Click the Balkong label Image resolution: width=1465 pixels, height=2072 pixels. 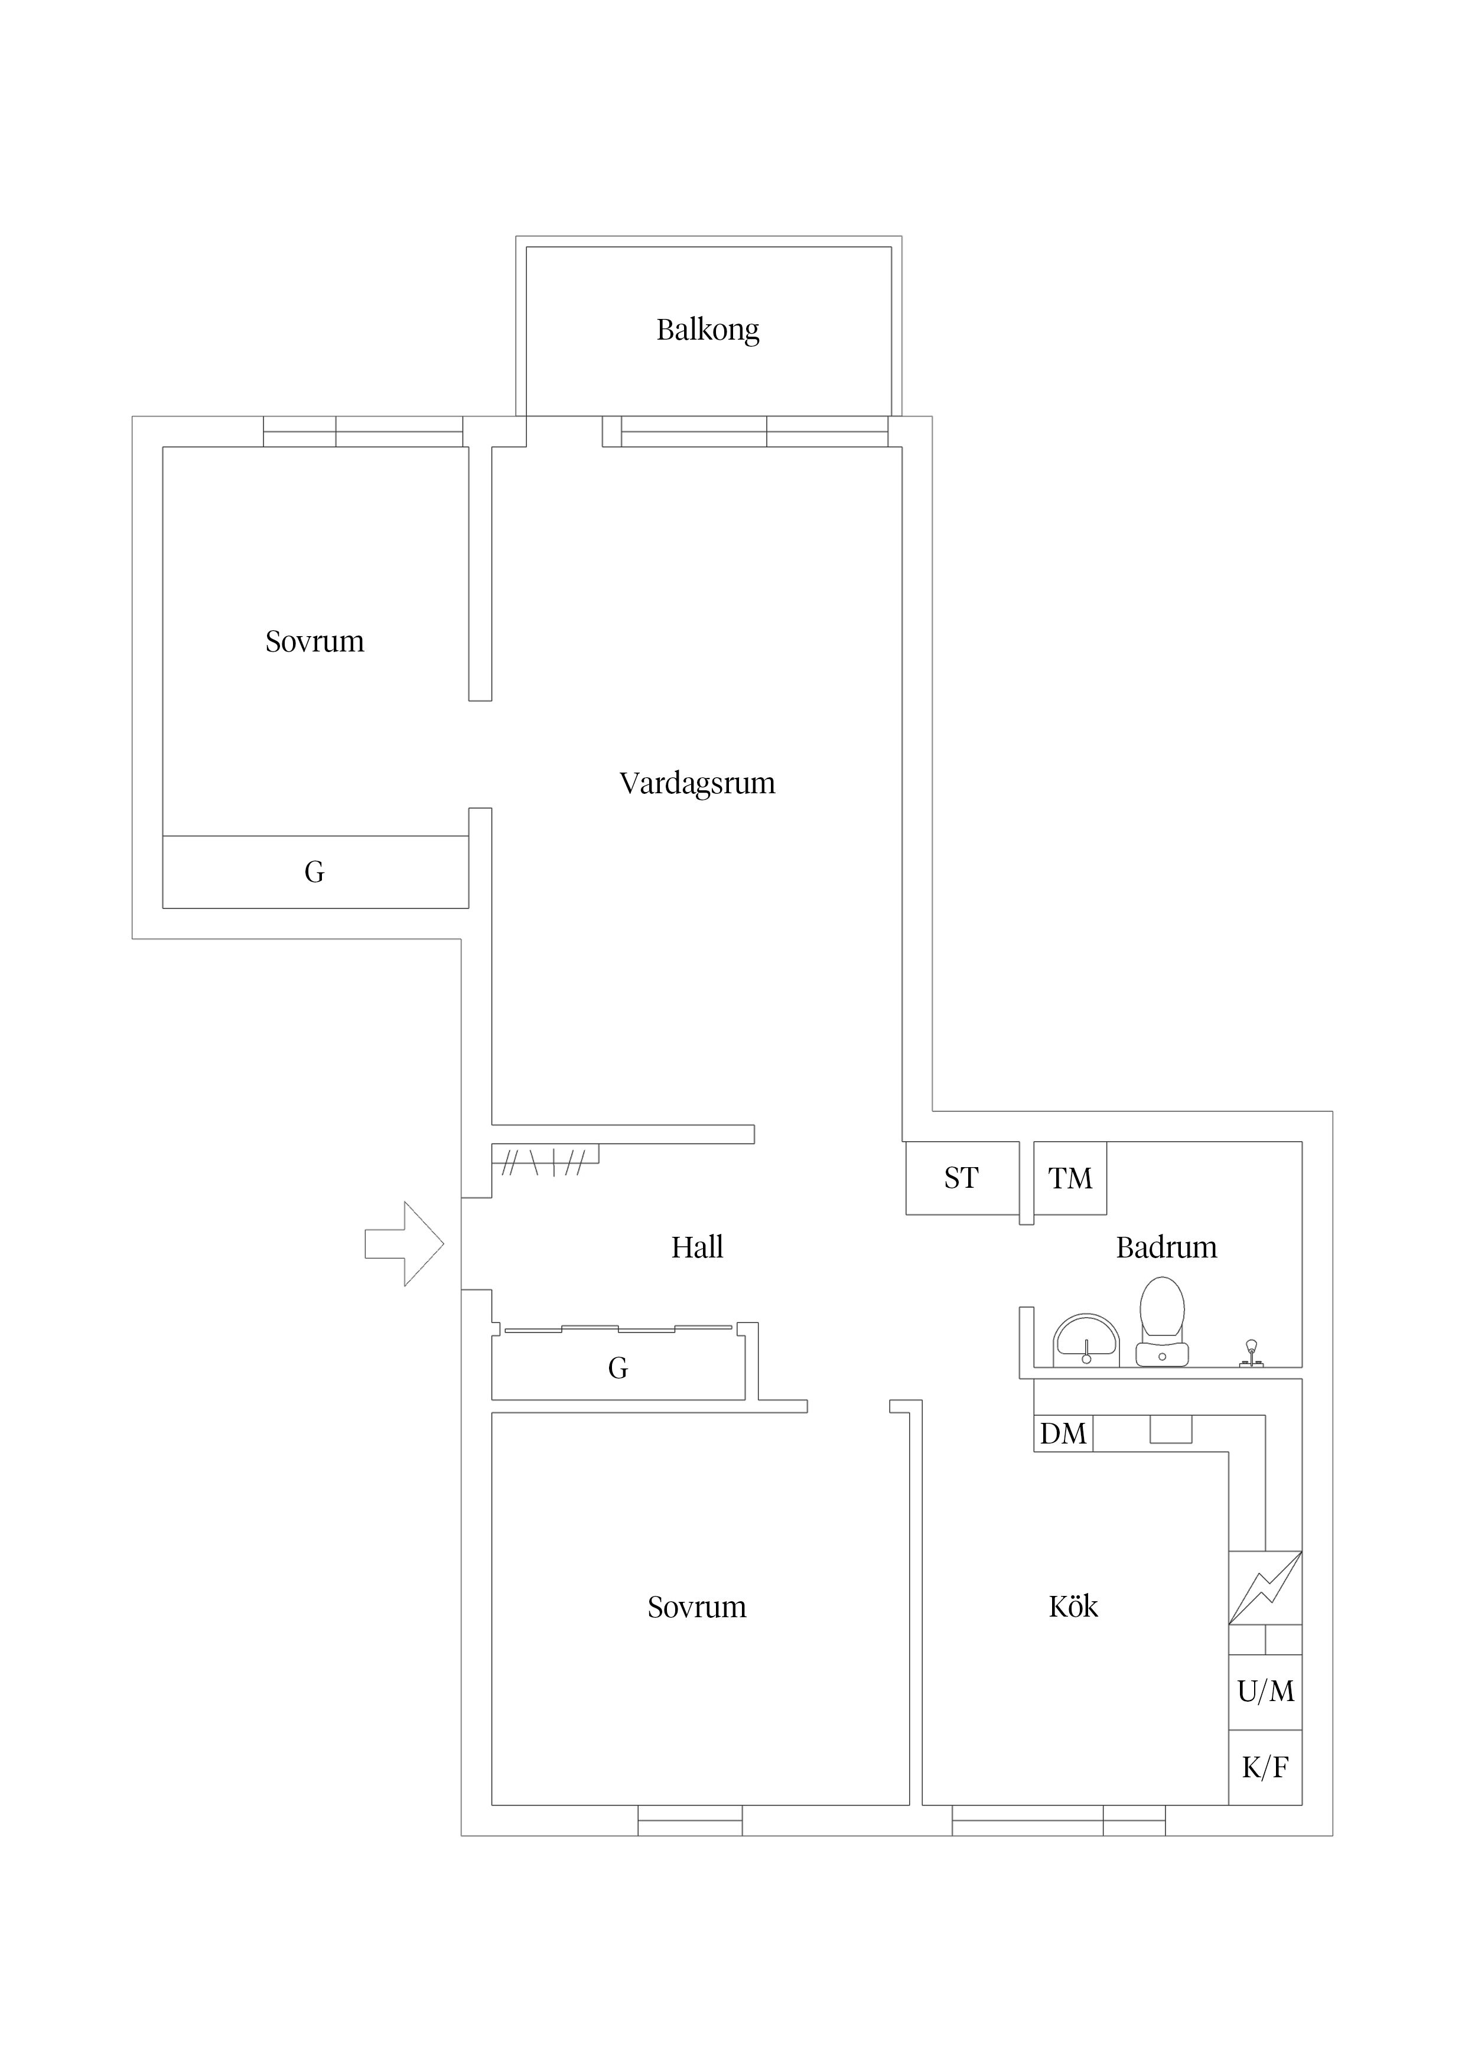click(708, 330)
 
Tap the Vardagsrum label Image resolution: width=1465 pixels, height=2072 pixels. click(697, 783)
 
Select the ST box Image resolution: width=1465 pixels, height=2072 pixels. click(961, 1178)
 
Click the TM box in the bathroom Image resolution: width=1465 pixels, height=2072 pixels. click(1070, 1178)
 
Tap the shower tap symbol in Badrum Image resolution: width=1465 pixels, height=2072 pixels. click(1251, 1351)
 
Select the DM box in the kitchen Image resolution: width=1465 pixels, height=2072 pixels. click(1063, 1434)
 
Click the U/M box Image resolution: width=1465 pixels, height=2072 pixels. click(1265, 1691)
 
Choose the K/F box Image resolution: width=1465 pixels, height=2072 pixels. click(1265, 1768)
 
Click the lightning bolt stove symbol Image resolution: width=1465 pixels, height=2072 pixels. click(1265, 1588)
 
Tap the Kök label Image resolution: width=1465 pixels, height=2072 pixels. click(1073, 1607)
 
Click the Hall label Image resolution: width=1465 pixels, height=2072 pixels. click(697, 1248)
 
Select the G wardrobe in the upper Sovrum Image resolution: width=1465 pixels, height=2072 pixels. click(314, 872)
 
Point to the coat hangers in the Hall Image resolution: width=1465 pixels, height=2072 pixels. click(545, 1161)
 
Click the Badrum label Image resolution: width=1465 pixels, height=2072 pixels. click(1166, 1248)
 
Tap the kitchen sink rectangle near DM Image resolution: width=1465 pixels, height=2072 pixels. click(1171, 1429)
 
